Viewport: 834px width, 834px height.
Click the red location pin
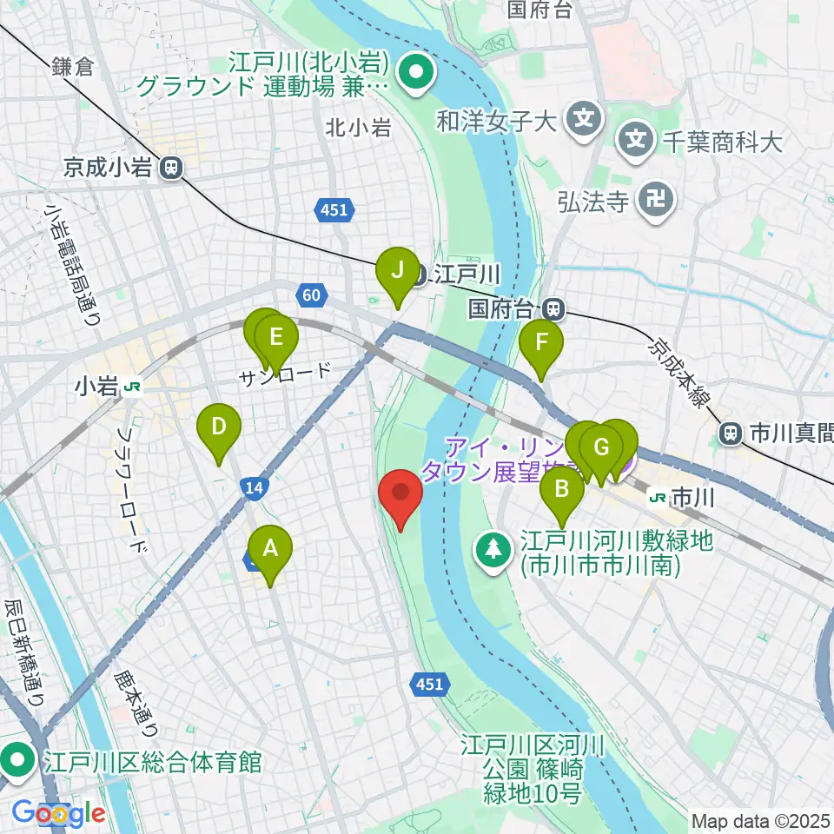click(x=401, y=493)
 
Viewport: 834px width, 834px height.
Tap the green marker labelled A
click(x=270, y=550)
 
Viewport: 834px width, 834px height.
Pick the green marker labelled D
click(x=218, y=427)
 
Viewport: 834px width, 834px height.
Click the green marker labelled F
click(x=540, y=342)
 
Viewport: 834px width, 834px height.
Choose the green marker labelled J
click(x=397, y=270)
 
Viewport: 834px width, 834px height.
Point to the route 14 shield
click(x=254, y=489)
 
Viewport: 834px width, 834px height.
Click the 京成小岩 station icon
click(x=172, y=168)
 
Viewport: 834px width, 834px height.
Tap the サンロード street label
click(x=286, y=374)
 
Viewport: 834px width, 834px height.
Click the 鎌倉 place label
click(x=71, y=67)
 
